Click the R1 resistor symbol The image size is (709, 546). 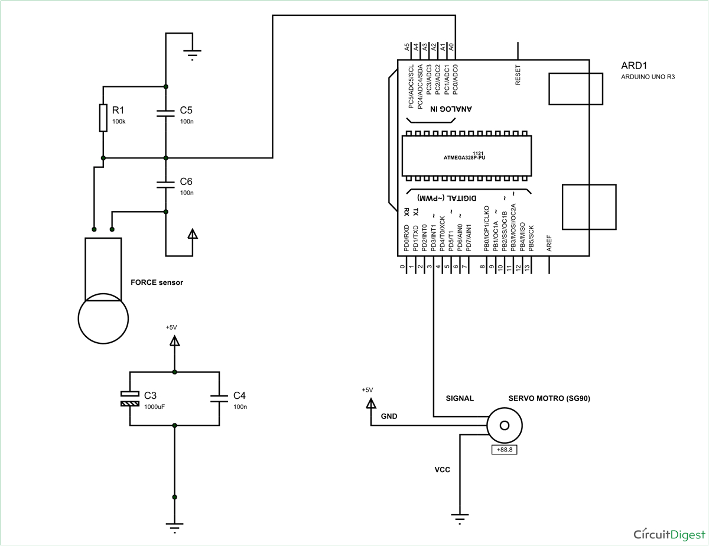click(103, 118)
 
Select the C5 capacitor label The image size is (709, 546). click(186, 110)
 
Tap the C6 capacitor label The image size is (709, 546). click(186, 181)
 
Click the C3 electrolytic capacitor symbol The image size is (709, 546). click(130, 399)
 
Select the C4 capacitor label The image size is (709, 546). click(239, 395)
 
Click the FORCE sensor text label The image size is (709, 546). click(157, 282)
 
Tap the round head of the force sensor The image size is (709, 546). click(103, 320)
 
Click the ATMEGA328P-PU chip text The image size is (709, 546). click(468, 158)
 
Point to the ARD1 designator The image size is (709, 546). click(635, 65)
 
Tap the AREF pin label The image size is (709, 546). click(549, 244)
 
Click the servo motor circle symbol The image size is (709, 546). click(505, 425)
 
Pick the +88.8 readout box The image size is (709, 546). click(505, 450)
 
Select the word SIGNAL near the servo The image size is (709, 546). click(460, 398)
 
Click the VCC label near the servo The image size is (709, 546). click(443, 470)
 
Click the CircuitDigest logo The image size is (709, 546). click(668, 534)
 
